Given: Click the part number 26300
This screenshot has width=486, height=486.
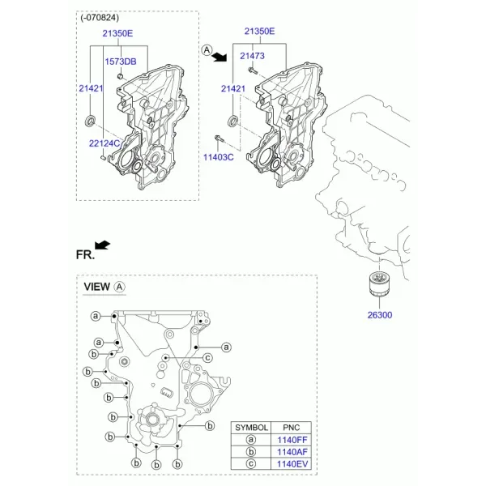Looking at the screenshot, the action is click(380, 315).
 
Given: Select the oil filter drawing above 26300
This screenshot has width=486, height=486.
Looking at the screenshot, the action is click(379, 283).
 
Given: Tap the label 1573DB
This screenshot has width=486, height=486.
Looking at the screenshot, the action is click(121, 62).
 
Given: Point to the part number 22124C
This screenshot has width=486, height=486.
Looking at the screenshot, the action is click(104, 143).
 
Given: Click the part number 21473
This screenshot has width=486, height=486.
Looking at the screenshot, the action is click(252, 56).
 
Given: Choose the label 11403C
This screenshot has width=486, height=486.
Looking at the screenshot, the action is click(218, 157).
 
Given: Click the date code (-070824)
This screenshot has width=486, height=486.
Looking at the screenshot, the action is click(100, 18).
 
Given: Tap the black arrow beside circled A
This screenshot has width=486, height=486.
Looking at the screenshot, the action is click(220, 57).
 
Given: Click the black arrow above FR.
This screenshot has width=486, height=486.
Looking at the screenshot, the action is click(103, 245).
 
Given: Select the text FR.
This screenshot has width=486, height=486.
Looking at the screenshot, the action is click(85, 255).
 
